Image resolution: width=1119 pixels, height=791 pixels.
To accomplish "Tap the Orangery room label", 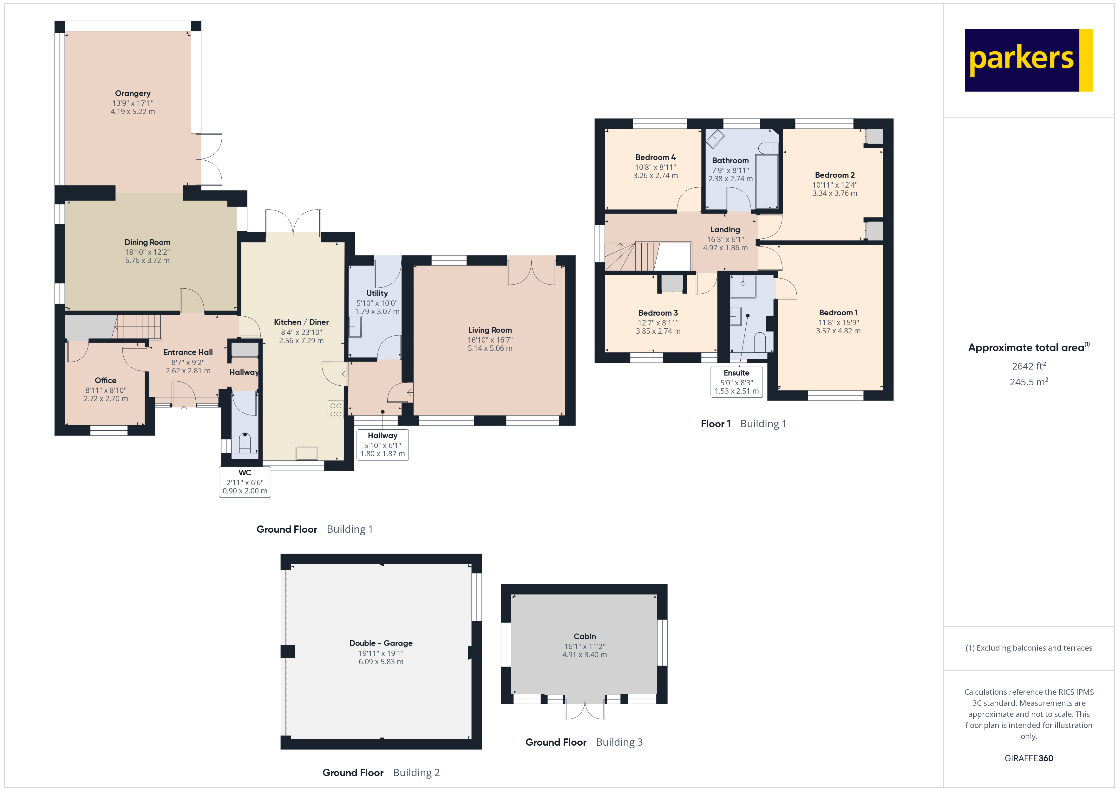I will click(x=133, y=93).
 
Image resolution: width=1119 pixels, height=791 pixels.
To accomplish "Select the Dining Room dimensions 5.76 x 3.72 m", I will click(x=147, y=260).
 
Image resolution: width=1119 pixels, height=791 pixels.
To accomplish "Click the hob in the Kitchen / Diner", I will click(x=335, y=410).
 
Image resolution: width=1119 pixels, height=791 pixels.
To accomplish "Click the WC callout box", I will click(x=245, y=482).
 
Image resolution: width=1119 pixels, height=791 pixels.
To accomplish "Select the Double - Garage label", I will click(x=381, y=643).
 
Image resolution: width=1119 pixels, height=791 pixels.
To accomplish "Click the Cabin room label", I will click(x=584, y=636).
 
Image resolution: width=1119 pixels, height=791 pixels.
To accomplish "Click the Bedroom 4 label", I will click(x=655, y=157).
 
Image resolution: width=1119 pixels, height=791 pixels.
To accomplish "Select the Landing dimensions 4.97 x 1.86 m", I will click(x=725, y=248).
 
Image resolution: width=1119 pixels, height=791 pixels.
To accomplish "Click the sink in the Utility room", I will click(x=355, y=327).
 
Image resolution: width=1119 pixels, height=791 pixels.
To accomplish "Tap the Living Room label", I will click(x=490, y=330).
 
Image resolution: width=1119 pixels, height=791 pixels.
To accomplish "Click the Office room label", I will click(x=105, y=380).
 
